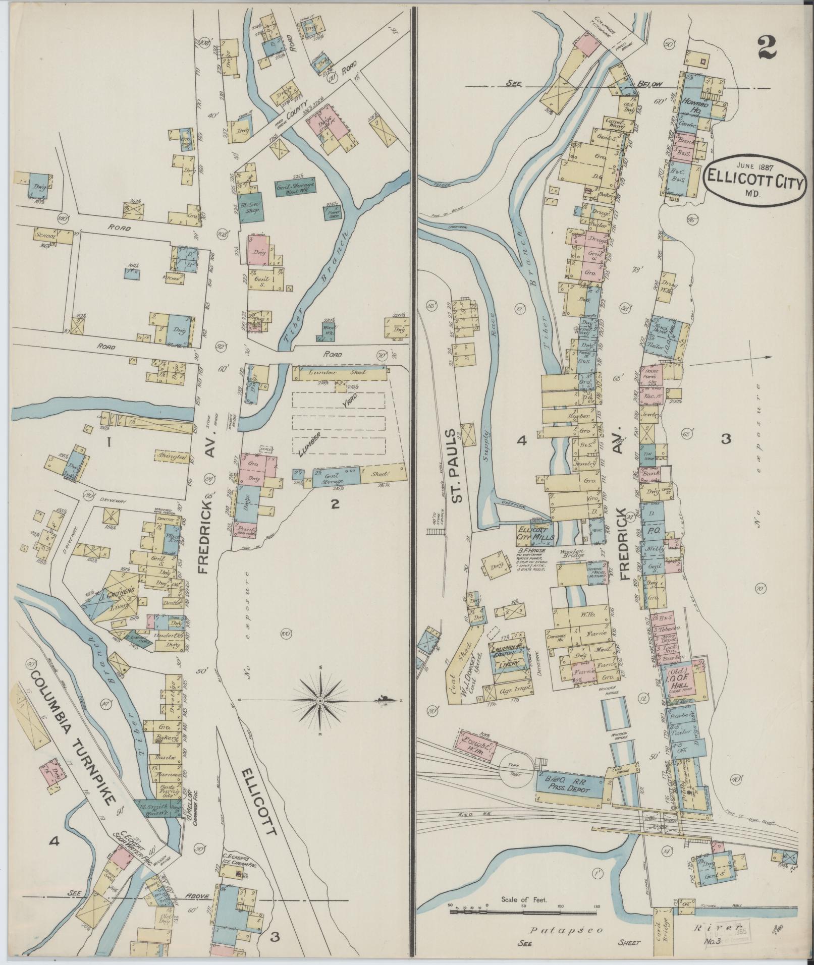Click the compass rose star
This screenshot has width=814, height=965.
coord(321,701)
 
